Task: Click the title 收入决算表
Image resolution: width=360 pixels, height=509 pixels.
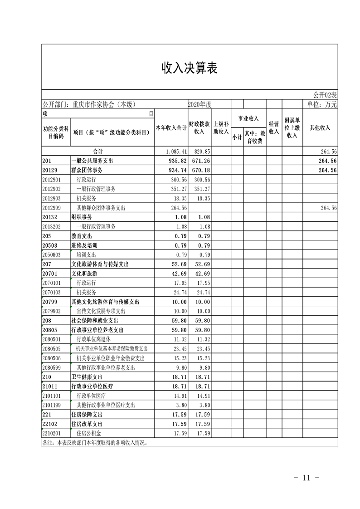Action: pos(190,68)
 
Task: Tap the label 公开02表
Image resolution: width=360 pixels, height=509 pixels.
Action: pos(325,95)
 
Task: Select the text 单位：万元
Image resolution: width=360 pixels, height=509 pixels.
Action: pos(322,104)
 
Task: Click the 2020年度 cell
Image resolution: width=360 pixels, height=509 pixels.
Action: pos(200,104)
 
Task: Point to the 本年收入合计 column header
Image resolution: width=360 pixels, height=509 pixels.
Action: pos(171,128)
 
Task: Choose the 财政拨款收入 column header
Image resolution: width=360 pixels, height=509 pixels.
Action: pos(199,128)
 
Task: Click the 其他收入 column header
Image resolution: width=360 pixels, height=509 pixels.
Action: pos(320,128)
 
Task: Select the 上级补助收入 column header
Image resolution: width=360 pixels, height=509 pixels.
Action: pos(221,128)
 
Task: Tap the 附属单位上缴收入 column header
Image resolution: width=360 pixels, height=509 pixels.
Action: pos(292,128)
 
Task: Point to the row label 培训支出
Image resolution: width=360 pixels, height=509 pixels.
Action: pos(87,255)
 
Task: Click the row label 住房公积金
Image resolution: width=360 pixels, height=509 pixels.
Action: pos(89,433)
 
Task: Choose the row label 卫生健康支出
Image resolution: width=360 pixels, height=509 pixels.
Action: pos(87,377)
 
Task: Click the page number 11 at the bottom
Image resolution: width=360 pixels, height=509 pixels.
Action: pos(307,478)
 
